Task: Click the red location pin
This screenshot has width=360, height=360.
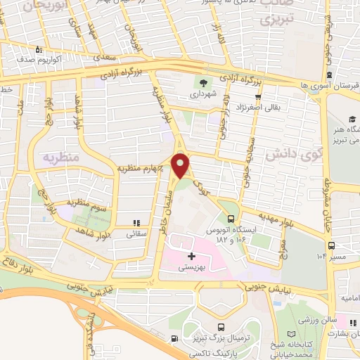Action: pos(181,165)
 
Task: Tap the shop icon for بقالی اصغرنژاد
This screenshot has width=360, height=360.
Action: pos(258,98)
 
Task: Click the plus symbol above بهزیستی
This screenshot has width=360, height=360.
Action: pos(191,257)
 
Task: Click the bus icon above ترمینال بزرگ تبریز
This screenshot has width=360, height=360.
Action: pos(221,327)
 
